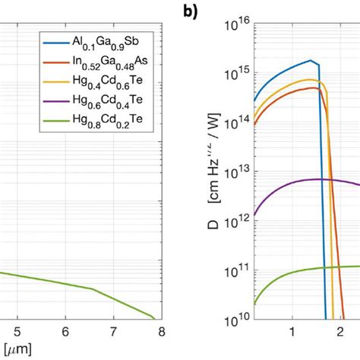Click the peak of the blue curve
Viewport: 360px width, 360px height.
point(310,60)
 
